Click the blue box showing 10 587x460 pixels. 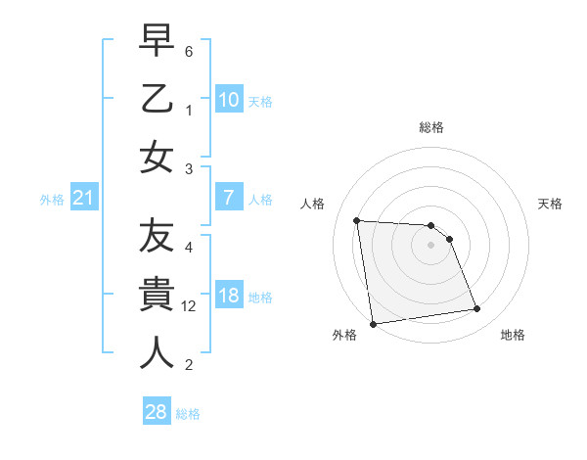pyautogui.click(x=228, y=100)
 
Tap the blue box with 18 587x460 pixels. pyautogui.click(x=228, y=297)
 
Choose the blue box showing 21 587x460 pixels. pyautogui.click(x=83, y=199)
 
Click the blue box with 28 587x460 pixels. pyautogui.click(x=156, y=412)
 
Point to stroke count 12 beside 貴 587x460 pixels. pyautogui.click(x=190, y=306)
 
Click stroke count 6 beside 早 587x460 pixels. pyautogui.click(x=188, y=51)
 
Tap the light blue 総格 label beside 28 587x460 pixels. pyautogui.click(x=188, y=414)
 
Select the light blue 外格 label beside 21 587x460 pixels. pyautogui.click(x=52, y=200)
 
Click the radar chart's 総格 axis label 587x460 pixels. pyautogui.click(x=430, y=127)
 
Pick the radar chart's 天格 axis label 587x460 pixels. pyautogui.click(x=551, y=204)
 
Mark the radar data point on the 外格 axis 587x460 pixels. pyautogui.click(x=373, y=324)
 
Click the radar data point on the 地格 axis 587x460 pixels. pyautogui.click(x=477, y=309)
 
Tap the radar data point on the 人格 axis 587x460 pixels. pyautogui.click(x=357, y=220)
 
